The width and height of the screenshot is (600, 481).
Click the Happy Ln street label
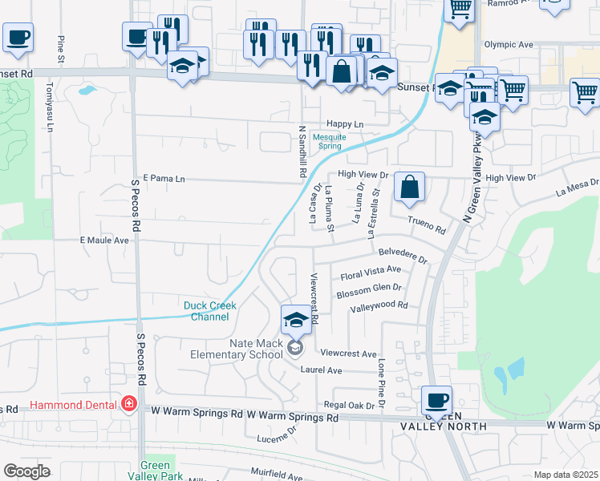tap(345, 124)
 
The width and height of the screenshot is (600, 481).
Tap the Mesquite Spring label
tap(330, 142)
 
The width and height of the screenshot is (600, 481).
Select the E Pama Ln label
tap(164, 178)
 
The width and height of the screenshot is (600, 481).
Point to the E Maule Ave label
tap(104, 240)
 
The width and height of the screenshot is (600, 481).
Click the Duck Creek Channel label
tap(206, 311)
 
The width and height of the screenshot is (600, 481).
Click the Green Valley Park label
tap(155, 471)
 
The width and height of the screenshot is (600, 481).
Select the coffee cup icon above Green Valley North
tap(437, 400)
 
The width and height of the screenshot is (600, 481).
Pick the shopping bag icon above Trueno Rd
tap(409, 188)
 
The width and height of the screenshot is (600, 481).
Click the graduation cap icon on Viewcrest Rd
tap(296, 320)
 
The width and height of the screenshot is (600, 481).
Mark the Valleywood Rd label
tap(379, 305)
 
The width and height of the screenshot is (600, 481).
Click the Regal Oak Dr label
tap(349, 406)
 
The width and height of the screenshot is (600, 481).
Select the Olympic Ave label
tap(508, 45)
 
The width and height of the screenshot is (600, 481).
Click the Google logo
tap(26, 471)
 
